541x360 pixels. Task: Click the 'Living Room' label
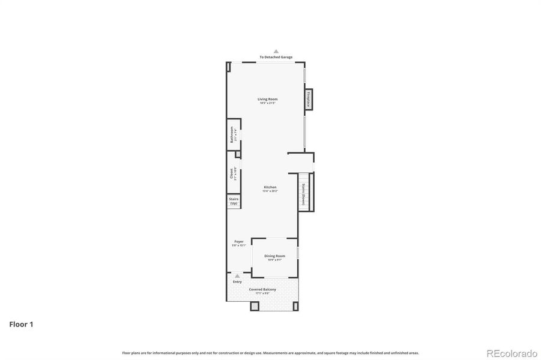268,99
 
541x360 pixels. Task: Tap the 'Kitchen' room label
270,188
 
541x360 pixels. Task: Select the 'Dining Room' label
274,256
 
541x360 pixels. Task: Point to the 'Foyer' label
239,242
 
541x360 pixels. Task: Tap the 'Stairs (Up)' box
234,202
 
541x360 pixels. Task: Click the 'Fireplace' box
308,98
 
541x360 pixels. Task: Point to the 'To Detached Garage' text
276,57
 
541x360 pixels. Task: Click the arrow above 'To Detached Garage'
276,52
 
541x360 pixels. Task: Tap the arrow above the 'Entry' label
237,276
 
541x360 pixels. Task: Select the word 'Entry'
237,281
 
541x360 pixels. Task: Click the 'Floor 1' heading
21,325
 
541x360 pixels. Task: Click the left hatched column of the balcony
255,306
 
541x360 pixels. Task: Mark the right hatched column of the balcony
295,306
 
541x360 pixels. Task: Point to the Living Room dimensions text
268,103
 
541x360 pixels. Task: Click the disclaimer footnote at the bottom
270,353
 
